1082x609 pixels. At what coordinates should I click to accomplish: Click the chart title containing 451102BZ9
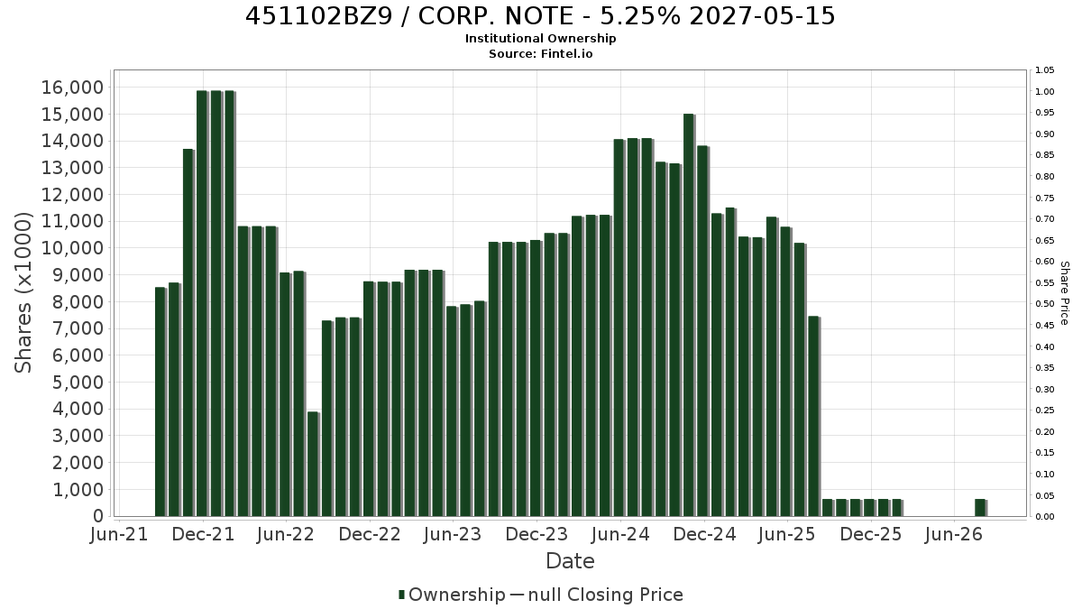(540, 16)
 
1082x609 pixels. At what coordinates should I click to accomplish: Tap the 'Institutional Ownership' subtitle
(540, 39)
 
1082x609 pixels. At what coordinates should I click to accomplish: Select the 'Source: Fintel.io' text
(540, 53)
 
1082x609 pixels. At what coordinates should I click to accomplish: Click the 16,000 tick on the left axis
(72, 88)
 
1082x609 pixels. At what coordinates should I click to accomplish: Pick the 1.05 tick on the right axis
(1044, 70)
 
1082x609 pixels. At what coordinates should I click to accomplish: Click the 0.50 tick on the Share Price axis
(1044, 304)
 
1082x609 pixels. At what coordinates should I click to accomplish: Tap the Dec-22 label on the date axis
(370, 534)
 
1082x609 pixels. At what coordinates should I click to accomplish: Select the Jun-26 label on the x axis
(954, 534)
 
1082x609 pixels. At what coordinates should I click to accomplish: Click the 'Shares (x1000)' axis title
(23, 293)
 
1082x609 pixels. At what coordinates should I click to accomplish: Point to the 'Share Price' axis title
(1065, 293)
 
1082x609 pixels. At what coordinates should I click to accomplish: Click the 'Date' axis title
(570, 561)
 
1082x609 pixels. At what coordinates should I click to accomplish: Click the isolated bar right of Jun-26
(981, 507)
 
